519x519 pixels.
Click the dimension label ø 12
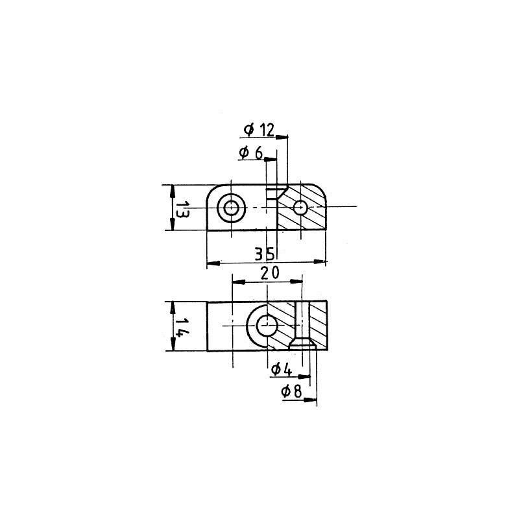259,130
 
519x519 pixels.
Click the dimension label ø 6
250,152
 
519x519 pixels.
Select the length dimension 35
265,254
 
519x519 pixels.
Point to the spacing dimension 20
270,273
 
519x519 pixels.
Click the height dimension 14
182,327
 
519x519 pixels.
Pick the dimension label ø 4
282,369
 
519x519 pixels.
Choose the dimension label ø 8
291,392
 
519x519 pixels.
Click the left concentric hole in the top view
231,208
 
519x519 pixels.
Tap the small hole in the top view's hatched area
300,208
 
